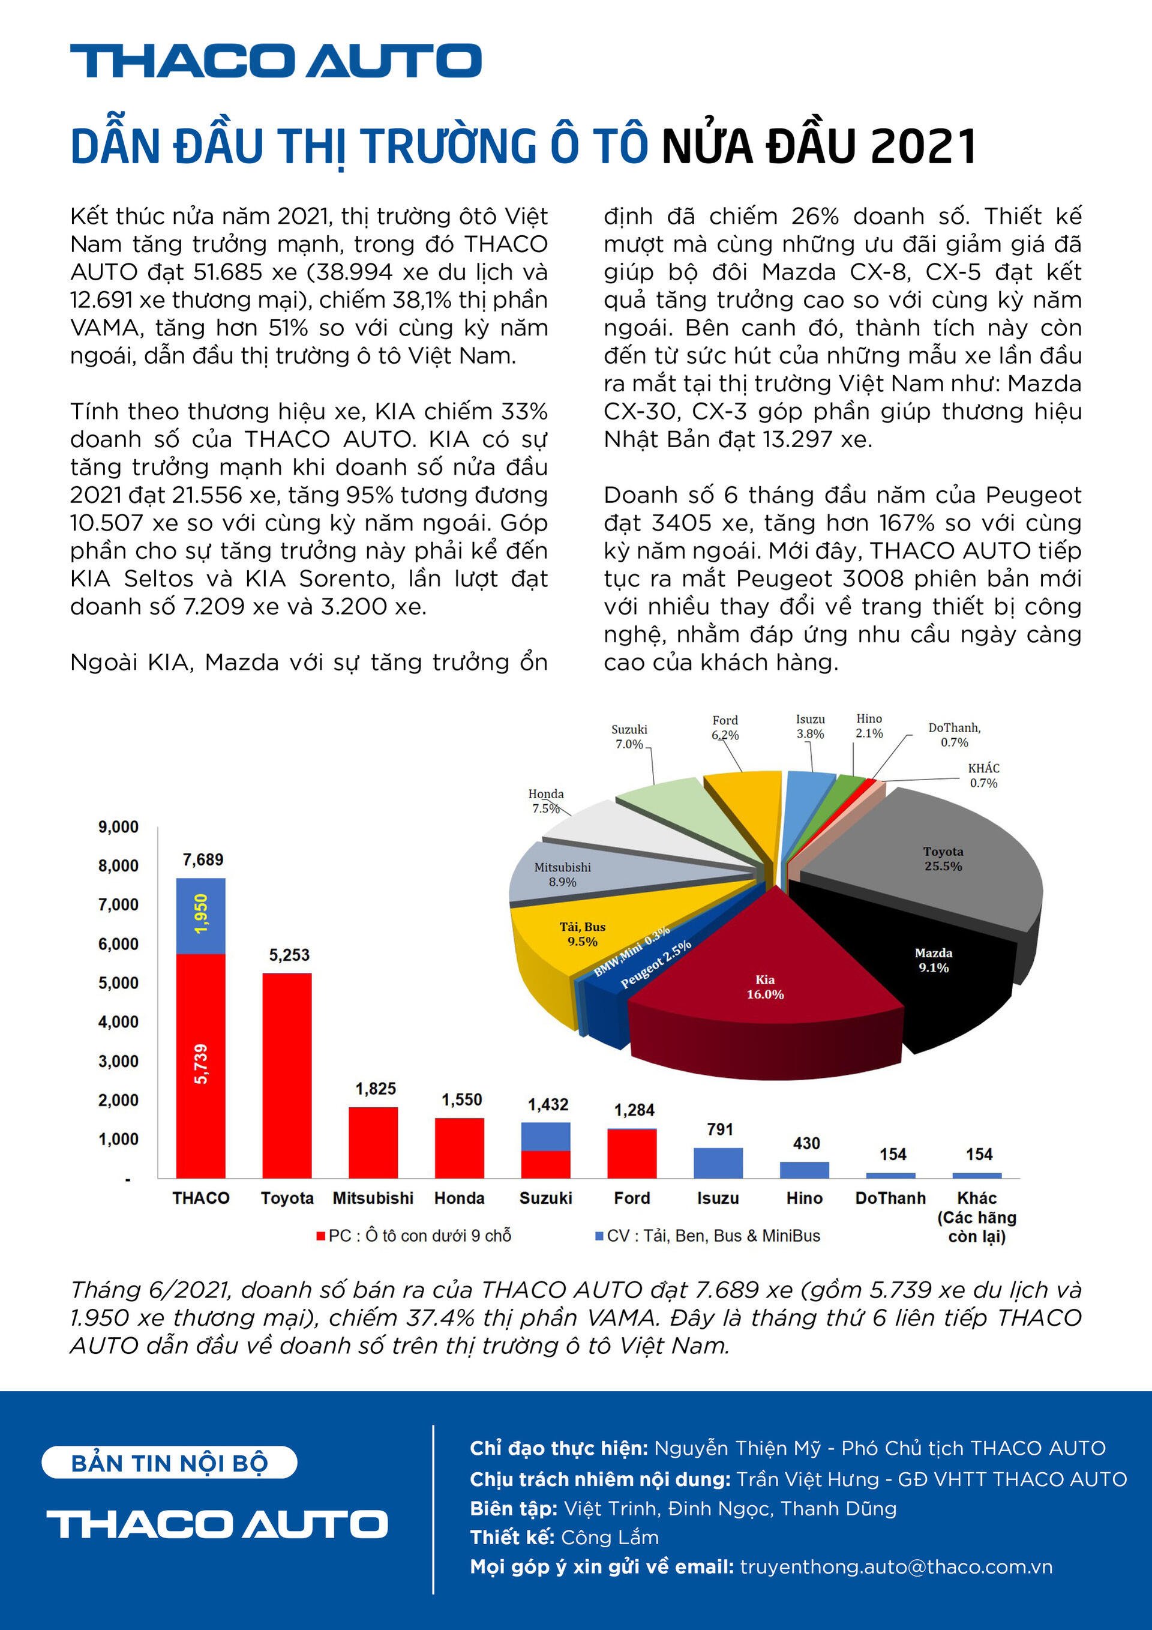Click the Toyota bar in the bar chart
pos(287,1075)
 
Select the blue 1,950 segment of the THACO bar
pos(201,916)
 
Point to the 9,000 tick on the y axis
pos(118,827)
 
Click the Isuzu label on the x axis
pos(718,1198)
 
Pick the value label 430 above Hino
pos(806,1144)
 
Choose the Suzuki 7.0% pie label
pos(629,737)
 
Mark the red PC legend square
pos(321,1236)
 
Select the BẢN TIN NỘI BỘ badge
pos(169,1463)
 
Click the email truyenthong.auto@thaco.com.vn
pos(896,1567)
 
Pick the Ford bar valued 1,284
pos(632,1153)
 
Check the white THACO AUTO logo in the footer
pos(217,1524)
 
